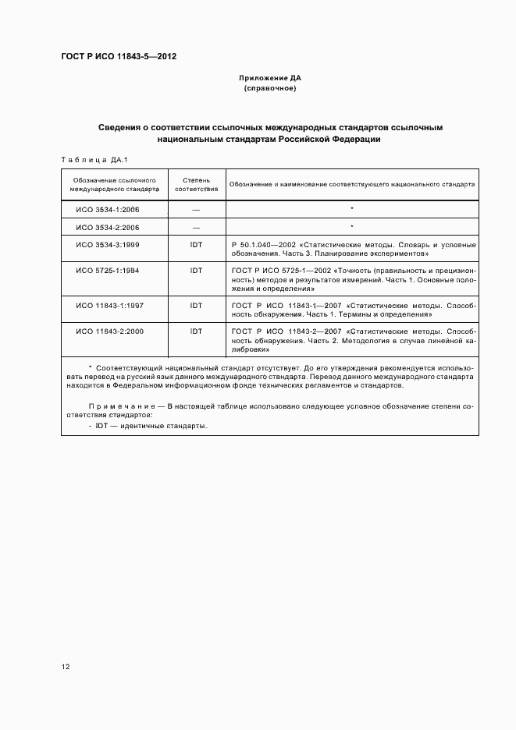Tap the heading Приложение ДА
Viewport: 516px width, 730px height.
270,79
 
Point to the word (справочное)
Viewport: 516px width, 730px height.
270,89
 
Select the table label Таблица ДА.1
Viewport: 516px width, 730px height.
88,160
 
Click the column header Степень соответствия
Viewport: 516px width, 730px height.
196,183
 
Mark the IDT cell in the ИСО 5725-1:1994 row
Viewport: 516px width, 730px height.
196,271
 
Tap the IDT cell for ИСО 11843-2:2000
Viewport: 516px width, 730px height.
196,331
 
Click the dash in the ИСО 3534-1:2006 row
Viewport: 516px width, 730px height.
196,209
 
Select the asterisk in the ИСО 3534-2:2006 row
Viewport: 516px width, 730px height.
352,227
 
